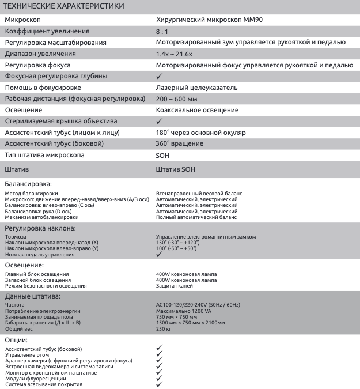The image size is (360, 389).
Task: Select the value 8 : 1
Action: (164, 31)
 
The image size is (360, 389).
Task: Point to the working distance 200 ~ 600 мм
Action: (176, 99)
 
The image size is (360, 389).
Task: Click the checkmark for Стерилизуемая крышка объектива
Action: (160, 121)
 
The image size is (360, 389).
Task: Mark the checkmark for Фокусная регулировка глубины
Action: (160, 75)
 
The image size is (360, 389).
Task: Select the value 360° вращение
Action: (179, 143)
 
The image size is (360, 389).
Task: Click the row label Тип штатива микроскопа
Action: (44, 155)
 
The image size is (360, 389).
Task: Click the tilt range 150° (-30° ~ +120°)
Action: (177, 243)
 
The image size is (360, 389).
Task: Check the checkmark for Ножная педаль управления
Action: (160, 254)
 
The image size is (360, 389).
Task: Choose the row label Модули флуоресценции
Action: (35, 379)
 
